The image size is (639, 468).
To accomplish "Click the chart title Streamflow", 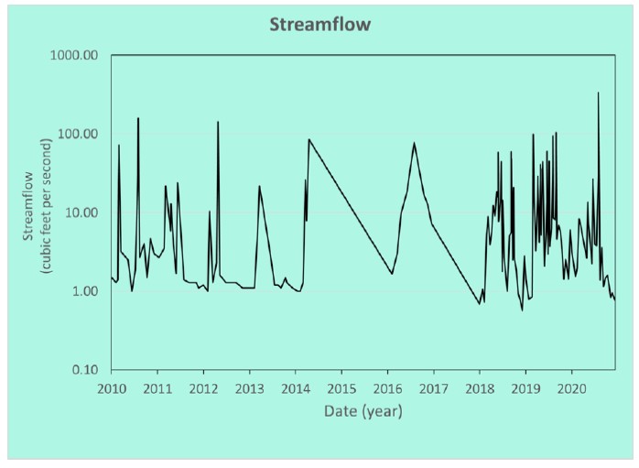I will (x=319, y=25).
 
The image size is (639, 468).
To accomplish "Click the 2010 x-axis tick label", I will (x=111, y=389).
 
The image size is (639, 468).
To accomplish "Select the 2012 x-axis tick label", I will (x=203, y=389).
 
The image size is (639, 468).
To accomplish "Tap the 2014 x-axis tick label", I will (x=296, y=389).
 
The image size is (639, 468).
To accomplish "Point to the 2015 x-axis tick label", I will (x=341, y=389).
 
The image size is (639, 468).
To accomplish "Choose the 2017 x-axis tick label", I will (x=434, y=389).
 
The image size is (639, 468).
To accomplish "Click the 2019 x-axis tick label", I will (x=525, y=389).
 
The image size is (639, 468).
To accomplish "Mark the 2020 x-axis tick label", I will (x=572, y=389).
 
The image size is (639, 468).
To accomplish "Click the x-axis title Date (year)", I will (x=363, y=412).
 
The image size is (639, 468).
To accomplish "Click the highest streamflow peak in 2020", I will (x=599, y=93).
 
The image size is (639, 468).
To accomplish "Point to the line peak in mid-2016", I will (x=415, y=143).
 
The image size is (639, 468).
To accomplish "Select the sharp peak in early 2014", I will (x=309, y=139).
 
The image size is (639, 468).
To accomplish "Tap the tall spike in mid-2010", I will (x=138, y=118).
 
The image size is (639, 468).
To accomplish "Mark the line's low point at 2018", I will (x=479, y=303).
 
